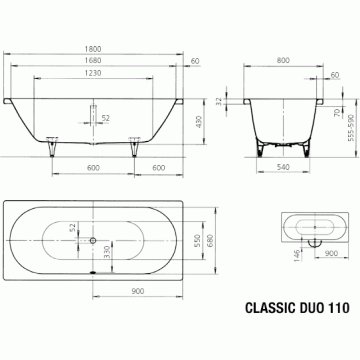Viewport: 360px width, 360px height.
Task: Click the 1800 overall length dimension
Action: pos(93,49)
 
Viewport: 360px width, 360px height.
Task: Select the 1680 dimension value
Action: pos(93,60)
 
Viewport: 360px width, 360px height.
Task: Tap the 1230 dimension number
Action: pos(93,73)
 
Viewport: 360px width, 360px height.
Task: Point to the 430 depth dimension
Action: pos(199,122)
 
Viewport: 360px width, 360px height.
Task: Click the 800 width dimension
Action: pos(283,60)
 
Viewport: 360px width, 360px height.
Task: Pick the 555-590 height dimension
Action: pos(351,128)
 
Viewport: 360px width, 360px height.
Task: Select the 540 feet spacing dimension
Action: pos(283,167)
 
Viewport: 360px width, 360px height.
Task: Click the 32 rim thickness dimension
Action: pos(219,102)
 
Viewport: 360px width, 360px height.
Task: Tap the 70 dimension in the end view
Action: pos(337,113)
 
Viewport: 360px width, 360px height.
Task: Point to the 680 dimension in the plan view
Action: pos(210,241)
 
